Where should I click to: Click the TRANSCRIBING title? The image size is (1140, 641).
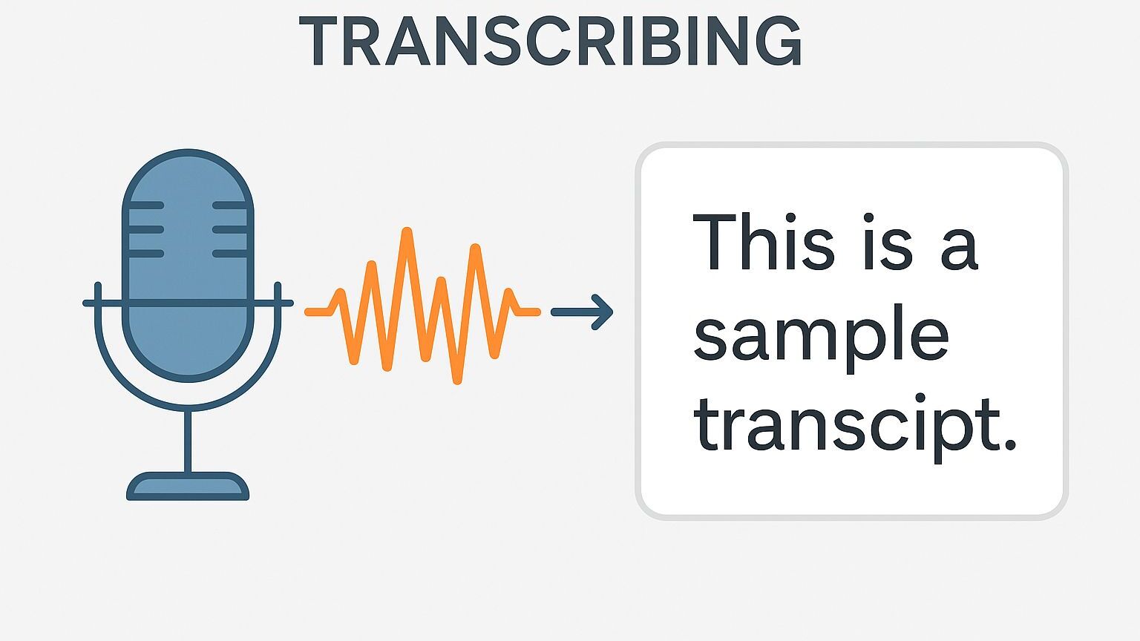pyautogui.click(x=550, y=42)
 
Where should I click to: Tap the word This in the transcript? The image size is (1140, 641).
pyautogui.click(x=764, y=241)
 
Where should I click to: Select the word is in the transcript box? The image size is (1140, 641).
pyautogui.click(x=888, y=241)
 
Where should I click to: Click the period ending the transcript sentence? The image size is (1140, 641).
pyautogui.click(x=1010, y=445)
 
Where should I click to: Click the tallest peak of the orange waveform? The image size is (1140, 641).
pyautogui.click(x=406, y=231)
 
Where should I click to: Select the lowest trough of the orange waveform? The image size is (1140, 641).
pyautogui.click(x=457, y=380)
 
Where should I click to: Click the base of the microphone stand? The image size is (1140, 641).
pyautogui.click(x=188, y=487)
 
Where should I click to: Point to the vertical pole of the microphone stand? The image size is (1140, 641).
pyautogui.click(x=188, y=441)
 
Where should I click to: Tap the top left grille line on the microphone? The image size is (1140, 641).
pyautogui.click(x=146, y=206)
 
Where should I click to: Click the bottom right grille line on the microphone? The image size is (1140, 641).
pyautogui.click(x=229, y=253)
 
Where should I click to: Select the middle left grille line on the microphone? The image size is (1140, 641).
pyautogui.click(x=146, y=229)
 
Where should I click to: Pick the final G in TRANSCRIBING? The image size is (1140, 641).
pyautogui.click(x=779, y=42)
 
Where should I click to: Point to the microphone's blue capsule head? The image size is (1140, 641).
pyautogui.click(x=188, y=266)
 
